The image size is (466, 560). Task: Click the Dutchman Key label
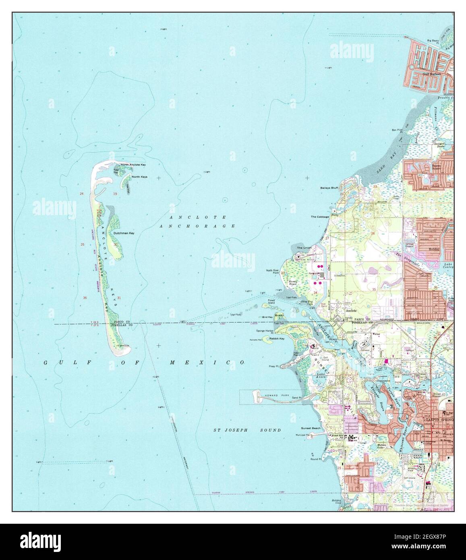click(x=124, y=233)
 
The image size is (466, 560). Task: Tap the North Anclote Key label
click(x=133, y=165)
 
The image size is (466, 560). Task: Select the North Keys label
click(x=139, y=177)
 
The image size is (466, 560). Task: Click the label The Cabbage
click(x=320, y=217)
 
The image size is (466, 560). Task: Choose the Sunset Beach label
click(x=311, y=428)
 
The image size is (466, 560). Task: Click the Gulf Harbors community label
click(x=432, y=74)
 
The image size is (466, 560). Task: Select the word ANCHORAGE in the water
click(x=197, y=226)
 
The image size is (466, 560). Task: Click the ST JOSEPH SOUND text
click(x=247, y=430)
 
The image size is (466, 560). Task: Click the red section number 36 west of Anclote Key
click(x=85, y=298)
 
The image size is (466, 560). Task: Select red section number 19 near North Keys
click(x=115, y=194)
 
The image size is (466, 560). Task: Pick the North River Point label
click(x=272, y=272)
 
